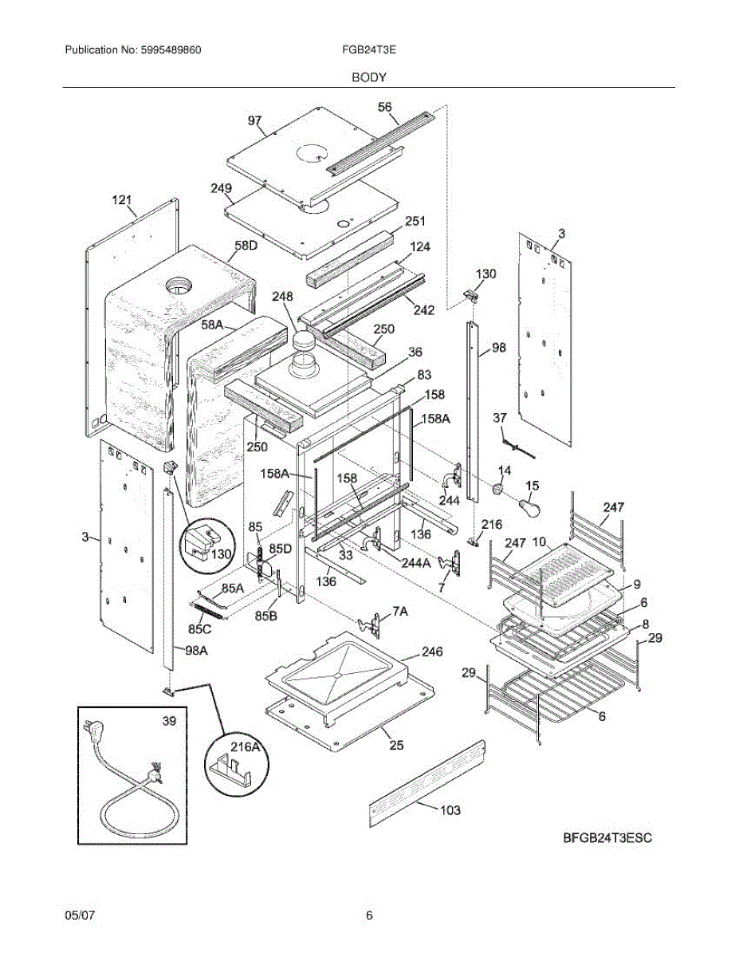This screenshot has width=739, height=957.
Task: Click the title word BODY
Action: click(369, 77)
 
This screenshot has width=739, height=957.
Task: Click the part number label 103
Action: click(450, 810)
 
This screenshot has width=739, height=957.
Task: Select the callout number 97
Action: click(255, 120)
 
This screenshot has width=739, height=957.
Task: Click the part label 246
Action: click(432, 652)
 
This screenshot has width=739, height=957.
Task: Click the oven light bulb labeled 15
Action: click(529, 506)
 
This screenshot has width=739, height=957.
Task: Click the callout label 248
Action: click(282, 297)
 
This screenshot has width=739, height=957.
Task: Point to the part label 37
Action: click(500, 418)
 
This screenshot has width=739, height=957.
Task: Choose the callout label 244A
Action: click(417, 562)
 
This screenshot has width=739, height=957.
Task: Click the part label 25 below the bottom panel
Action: click(396, 746)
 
